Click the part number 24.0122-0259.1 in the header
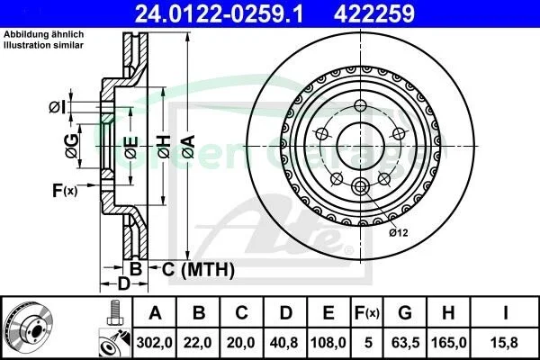pyautogui.click(x=219, y=13)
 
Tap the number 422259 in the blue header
pyautogui.click(x=374, y=13)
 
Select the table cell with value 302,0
pyautogui.click(x=154, y=343)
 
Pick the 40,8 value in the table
pyautogui.click(x=284, y=343)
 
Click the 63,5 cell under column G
pyautogui.click(x=405, y=343)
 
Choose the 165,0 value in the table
pyautogui.click(x=449, y=343)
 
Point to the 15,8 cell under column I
pyautogui.click(x=505, y=343)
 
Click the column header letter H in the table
pyautogui.click(x=448, y=313)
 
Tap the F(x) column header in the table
pyautogui.click(x=367, y=313)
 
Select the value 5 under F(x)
pyautogui.click(x=368, y=343)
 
